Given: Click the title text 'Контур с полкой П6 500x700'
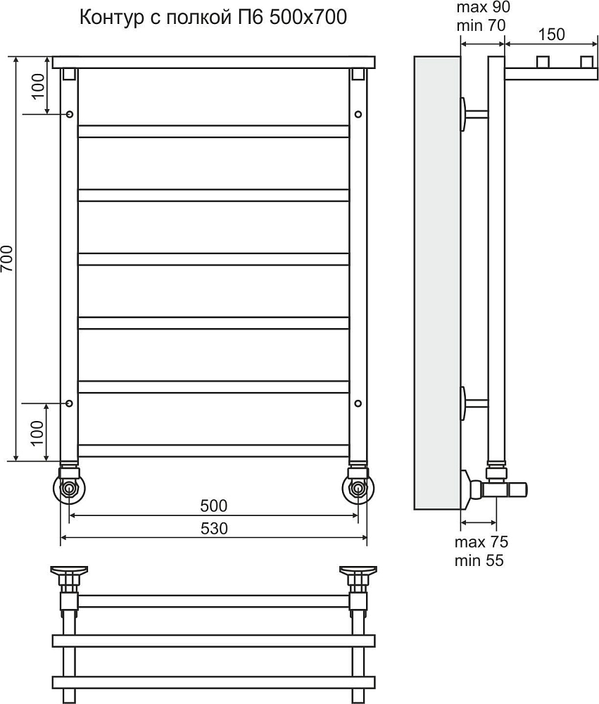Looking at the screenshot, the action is [213, 17].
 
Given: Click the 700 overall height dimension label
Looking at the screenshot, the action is [7, 258].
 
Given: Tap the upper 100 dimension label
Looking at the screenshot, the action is [39, 85].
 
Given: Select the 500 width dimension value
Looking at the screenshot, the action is [214, 506].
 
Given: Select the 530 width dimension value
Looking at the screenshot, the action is [214, 529].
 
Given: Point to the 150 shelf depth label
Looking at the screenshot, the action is [551, 34].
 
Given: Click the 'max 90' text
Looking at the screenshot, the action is [483, 7].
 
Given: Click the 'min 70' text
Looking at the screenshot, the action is [481, 25].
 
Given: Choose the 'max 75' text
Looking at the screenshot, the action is [481, 542].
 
